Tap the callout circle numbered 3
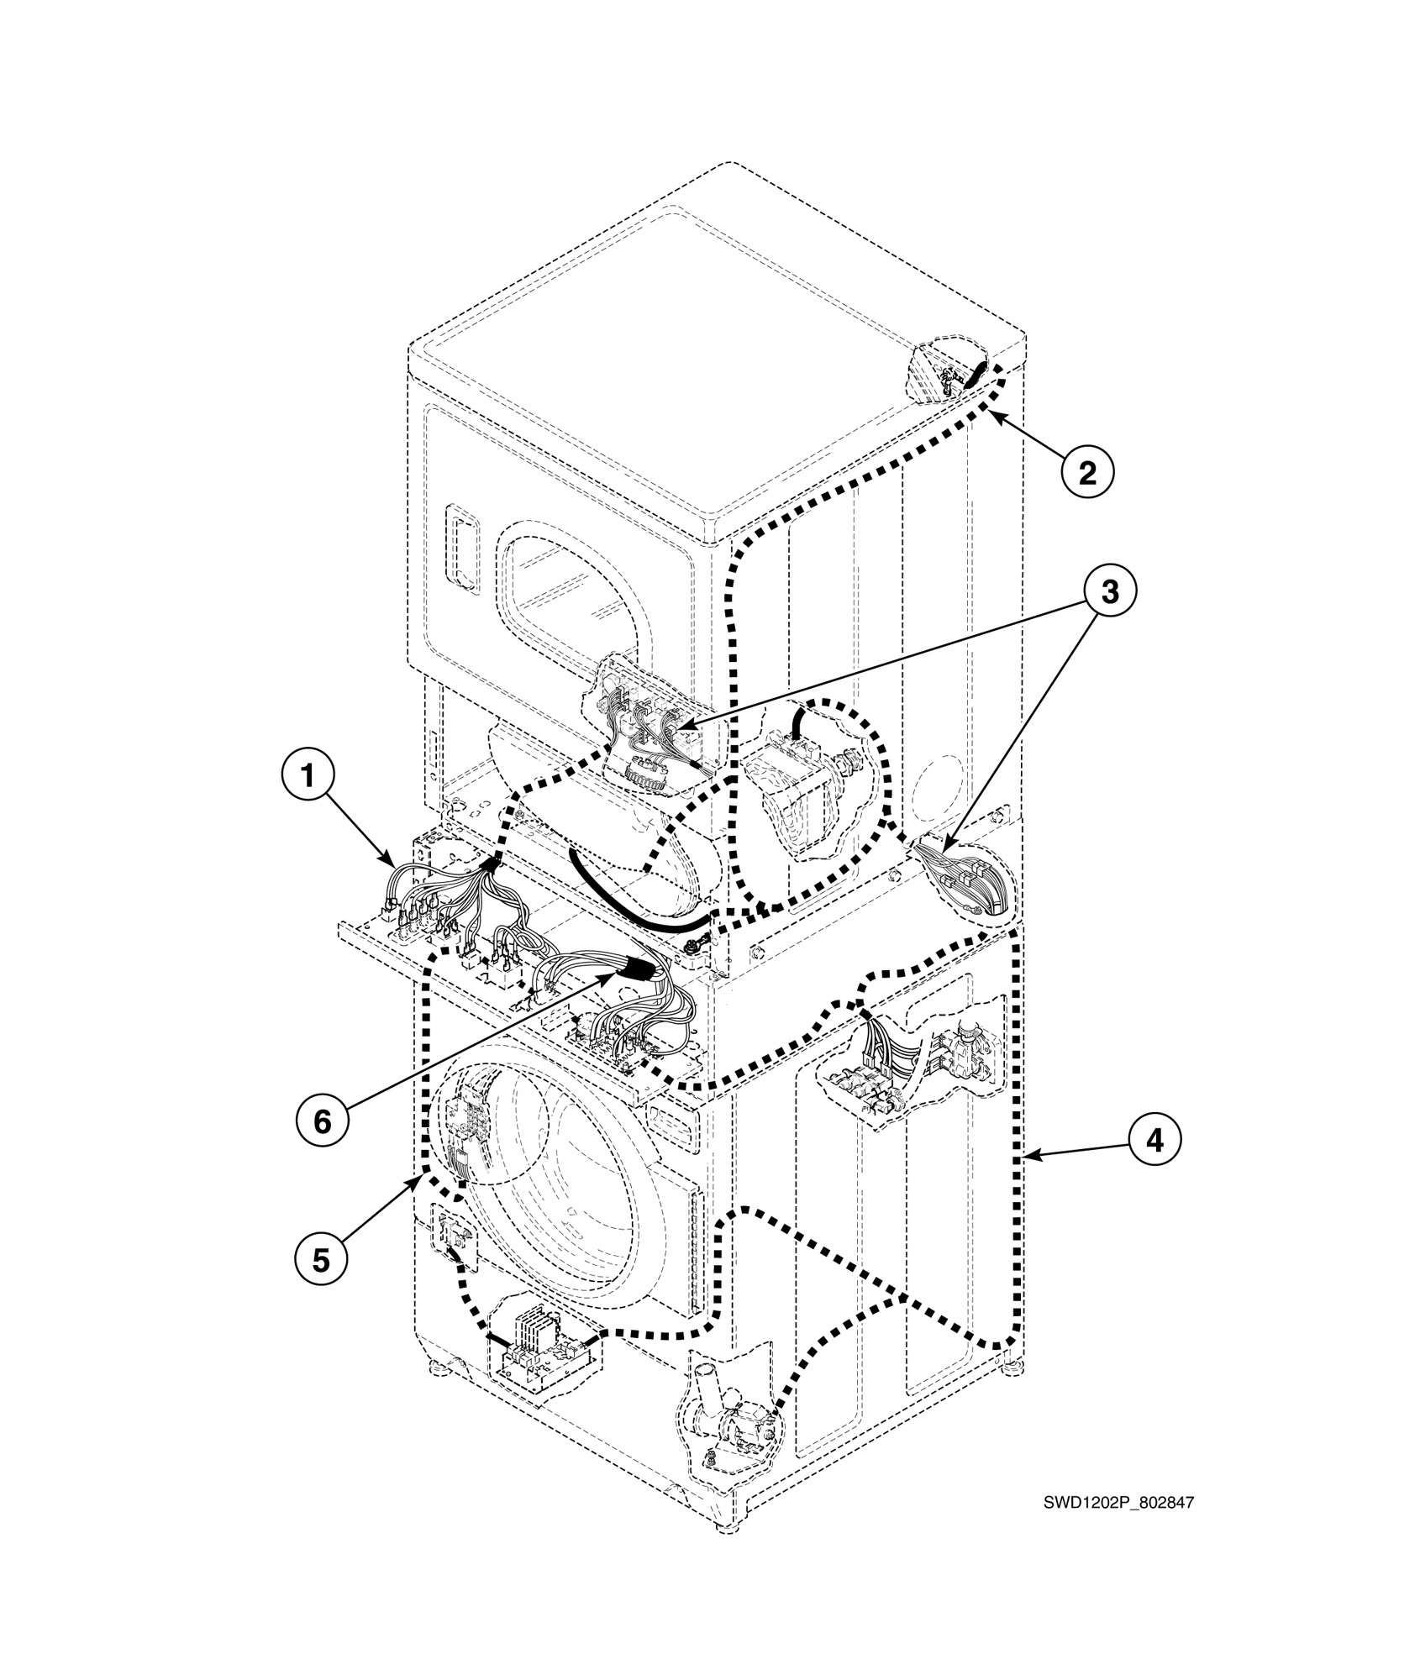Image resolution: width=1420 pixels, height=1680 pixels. [x=1109, y=592]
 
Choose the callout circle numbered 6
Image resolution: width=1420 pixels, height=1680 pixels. [x=322, y=1121]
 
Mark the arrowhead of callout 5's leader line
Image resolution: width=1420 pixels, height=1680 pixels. [x=419, y=1179]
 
